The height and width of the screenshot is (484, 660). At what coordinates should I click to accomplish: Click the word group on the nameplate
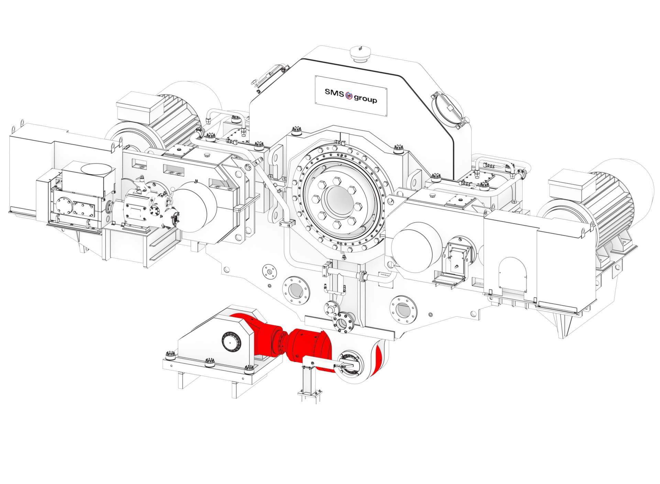(x=365, y=99)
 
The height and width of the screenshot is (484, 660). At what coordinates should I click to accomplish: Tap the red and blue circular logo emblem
(x=349, y=96)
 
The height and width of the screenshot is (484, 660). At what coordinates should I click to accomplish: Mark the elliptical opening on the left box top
(x=97, y=170)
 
